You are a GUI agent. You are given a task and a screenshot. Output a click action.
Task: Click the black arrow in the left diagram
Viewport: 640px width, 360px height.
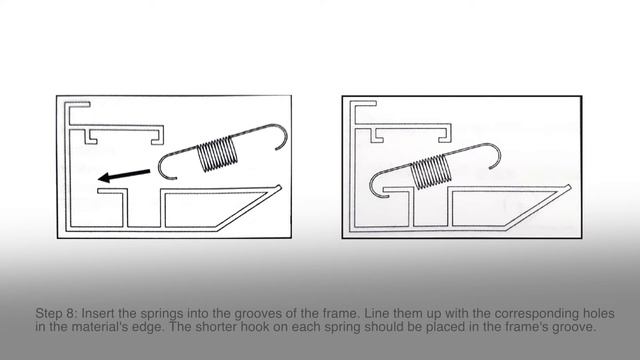click(x=124, y=175)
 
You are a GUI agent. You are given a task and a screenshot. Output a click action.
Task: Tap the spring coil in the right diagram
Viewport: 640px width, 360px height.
click(x=431, y=171)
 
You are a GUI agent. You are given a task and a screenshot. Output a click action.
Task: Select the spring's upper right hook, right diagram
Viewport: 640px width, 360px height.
click(x=496, y=152)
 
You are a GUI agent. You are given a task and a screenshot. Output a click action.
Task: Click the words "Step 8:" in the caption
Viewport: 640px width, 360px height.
click(x=56, y=313)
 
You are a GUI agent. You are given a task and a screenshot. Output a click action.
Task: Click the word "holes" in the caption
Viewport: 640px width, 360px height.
click(x=600, y=313)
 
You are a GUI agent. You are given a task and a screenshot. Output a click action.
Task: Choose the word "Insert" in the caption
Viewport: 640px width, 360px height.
click(x=98, y=313)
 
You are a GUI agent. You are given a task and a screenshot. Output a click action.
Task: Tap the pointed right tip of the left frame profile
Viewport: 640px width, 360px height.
click(x=280, y=187)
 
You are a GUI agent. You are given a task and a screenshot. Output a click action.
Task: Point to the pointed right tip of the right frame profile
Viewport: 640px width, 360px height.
click(x=569, y=187)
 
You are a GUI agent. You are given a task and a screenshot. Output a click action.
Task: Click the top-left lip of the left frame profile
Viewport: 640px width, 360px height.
click(x=78, y=104)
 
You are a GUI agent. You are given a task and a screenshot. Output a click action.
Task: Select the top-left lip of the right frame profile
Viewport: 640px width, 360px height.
click(x=363, y=104)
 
